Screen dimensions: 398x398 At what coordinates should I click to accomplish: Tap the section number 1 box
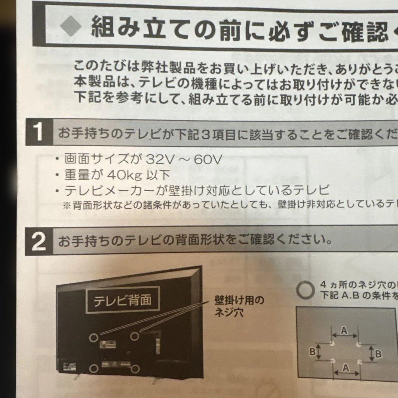pos(38,133)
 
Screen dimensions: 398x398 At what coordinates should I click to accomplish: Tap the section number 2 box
pos(39,241)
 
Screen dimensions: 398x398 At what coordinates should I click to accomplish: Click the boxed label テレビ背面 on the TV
pos(122,300)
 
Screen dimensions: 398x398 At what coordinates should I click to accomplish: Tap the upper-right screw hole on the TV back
pos(135,336)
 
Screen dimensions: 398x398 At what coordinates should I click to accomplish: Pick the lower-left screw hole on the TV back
pos(94,367)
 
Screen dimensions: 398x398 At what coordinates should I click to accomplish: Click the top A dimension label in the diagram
pos(344,331)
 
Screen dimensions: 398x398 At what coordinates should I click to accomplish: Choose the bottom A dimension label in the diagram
pos(346,367)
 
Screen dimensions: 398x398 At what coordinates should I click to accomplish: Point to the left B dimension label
pos(312,352)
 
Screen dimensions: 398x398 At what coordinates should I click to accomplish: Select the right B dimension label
pos(378,354)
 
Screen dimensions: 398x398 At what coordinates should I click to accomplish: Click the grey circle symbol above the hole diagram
pos(304,290)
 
